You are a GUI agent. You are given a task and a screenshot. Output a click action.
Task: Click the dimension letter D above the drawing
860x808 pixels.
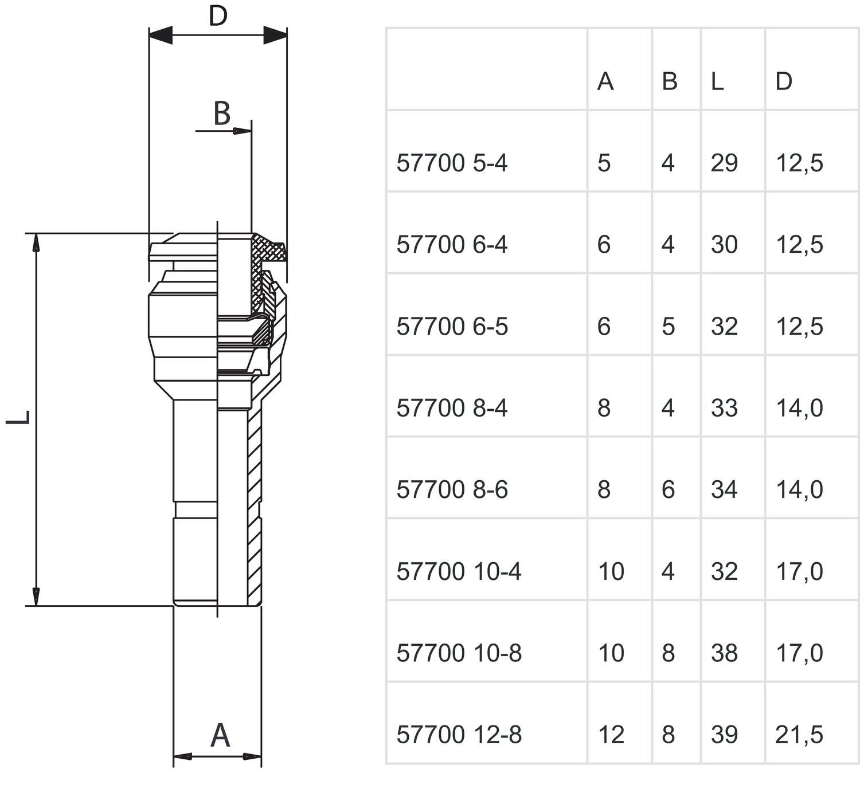coord(218,16)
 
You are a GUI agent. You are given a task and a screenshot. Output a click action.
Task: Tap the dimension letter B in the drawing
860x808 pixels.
coord(222,113)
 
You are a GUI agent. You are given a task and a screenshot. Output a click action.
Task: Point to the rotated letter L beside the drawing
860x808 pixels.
coord(18,417)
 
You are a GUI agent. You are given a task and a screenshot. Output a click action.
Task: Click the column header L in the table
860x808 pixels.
coord(717,81)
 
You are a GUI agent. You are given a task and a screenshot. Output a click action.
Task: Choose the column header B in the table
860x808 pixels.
coord(670,81)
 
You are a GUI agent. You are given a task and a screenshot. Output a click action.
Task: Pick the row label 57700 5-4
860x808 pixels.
coord(452,163)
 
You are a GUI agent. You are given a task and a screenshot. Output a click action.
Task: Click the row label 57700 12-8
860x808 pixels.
coord(459,735)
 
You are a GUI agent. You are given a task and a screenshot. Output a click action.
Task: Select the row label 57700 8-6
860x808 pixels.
coord(452,490)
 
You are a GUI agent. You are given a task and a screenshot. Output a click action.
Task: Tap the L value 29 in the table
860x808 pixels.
coord(724,163)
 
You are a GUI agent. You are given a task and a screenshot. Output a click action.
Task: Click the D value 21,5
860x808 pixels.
coord(799,735)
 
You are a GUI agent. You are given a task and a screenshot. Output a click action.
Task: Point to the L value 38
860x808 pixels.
coord(724,653)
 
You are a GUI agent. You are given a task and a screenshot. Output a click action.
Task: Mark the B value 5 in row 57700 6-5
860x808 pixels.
coord(668,327)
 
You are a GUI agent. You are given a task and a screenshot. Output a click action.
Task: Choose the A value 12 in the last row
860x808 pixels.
coord(611,735)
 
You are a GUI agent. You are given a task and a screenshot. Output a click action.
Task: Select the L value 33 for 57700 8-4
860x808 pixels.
coord(724,408)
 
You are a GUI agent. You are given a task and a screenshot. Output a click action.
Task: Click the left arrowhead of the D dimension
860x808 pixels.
coord(161,35)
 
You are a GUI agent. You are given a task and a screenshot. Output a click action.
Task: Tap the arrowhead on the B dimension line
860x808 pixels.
coord(242,131)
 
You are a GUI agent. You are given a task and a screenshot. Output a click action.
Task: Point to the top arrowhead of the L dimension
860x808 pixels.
coord(36,242)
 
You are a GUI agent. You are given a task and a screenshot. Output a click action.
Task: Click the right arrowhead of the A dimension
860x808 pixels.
coord(252,756)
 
